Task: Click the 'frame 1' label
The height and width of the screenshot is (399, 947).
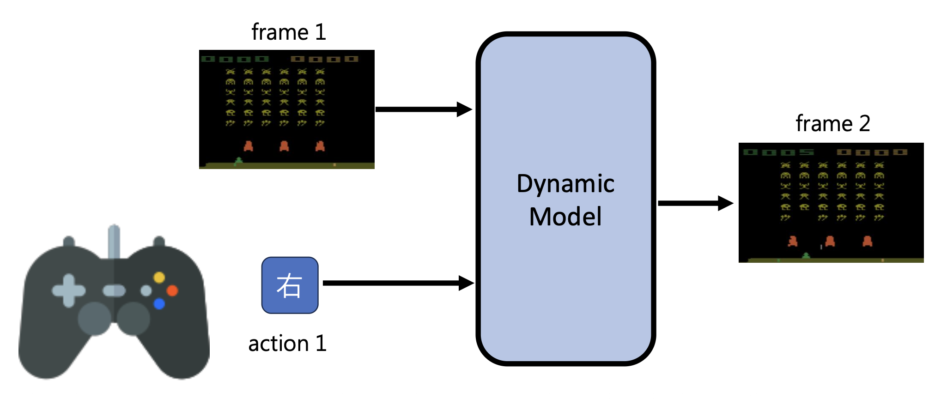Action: pos(289,32)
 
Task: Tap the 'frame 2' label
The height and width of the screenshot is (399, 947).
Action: pos(832,124)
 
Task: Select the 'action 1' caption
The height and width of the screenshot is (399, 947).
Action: pos(287,344)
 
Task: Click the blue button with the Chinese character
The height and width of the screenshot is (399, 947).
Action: pos(290,285)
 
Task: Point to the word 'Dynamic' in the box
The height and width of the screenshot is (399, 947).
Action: pos(565,184)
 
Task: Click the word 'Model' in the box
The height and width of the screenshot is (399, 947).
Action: pos(565,217)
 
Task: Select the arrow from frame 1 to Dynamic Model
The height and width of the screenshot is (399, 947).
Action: pos(423,109)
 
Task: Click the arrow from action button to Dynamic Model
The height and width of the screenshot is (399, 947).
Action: pos(398,283)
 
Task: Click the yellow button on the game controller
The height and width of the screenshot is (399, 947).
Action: pos(159,277)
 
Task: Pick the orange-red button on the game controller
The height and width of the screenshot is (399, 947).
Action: pos(172,290)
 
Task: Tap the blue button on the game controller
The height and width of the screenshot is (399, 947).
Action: pos(159,304)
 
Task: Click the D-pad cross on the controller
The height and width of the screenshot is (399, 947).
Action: pos(68,290)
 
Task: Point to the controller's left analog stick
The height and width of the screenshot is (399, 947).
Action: pos(95,318)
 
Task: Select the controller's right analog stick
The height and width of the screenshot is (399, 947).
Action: pos(134,318)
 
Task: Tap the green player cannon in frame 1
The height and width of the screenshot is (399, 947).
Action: pos(238,161)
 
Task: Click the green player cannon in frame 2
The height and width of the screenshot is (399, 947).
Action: pos(806,255)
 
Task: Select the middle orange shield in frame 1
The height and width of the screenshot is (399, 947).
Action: pos(284,146)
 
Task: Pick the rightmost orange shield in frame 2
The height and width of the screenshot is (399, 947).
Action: pos(867,241)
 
